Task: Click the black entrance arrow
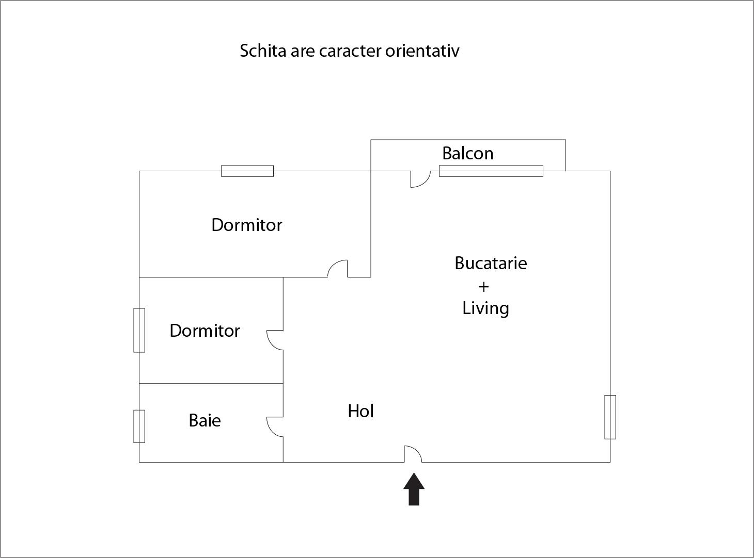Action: [414, 489]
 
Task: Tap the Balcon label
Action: [468, 153]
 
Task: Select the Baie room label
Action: [205, 420]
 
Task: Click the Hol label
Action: [360, 411]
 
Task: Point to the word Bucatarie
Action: [491, 263]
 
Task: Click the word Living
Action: [485, 308]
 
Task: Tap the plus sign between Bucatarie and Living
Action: [483, 287]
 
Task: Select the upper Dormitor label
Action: [247, 225]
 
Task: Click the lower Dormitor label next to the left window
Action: [205, 331]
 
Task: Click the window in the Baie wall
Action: [139, 426]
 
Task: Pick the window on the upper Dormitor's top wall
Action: [247, 171]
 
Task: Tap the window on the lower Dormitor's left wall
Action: [139, 330]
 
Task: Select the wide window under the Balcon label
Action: [491, 171]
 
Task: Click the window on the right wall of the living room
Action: [610, 417]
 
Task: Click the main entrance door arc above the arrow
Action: [413, 454]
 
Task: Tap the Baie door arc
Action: [275, 427]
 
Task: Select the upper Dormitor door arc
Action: [338, 268]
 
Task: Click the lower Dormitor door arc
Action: [275, 340]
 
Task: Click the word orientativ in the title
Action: [422, 51]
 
